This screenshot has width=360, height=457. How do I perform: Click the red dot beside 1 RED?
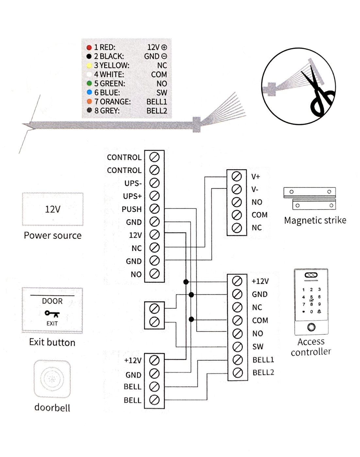(x=89, y=48)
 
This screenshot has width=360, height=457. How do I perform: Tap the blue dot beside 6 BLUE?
(x=89, y=93)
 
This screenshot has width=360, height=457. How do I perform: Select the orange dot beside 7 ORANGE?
(x=89, y=102)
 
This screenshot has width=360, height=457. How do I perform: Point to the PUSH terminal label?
(x=132, y=209)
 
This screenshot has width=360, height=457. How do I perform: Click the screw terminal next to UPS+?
(x=154, y=196)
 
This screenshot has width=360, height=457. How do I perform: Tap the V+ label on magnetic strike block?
(x=255, y=177)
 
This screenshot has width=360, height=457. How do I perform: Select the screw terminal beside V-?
(x=237, y=189)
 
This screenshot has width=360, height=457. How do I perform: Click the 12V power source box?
(x=53, y=209)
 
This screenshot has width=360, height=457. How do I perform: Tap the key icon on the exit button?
(x=52, y=314)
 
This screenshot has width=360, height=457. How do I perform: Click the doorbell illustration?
(x=52, y=379)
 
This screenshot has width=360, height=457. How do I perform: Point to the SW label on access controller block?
(x=257, y=347)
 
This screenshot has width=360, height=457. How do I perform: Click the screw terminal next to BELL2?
(x=237, y=372)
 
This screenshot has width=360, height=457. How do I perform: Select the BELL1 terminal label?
(x=263, y=360)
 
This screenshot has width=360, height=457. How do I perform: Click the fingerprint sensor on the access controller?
(x=311, y=327)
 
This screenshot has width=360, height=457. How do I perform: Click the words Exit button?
(x=52, y=342)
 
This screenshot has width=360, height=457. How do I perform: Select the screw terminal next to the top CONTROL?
(x=154, y=157)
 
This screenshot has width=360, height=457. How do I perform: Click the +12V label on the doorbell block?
(x=133, y=360)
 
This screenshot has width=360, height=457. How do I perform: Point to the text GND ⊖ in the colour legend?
(x=155, y=56)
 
